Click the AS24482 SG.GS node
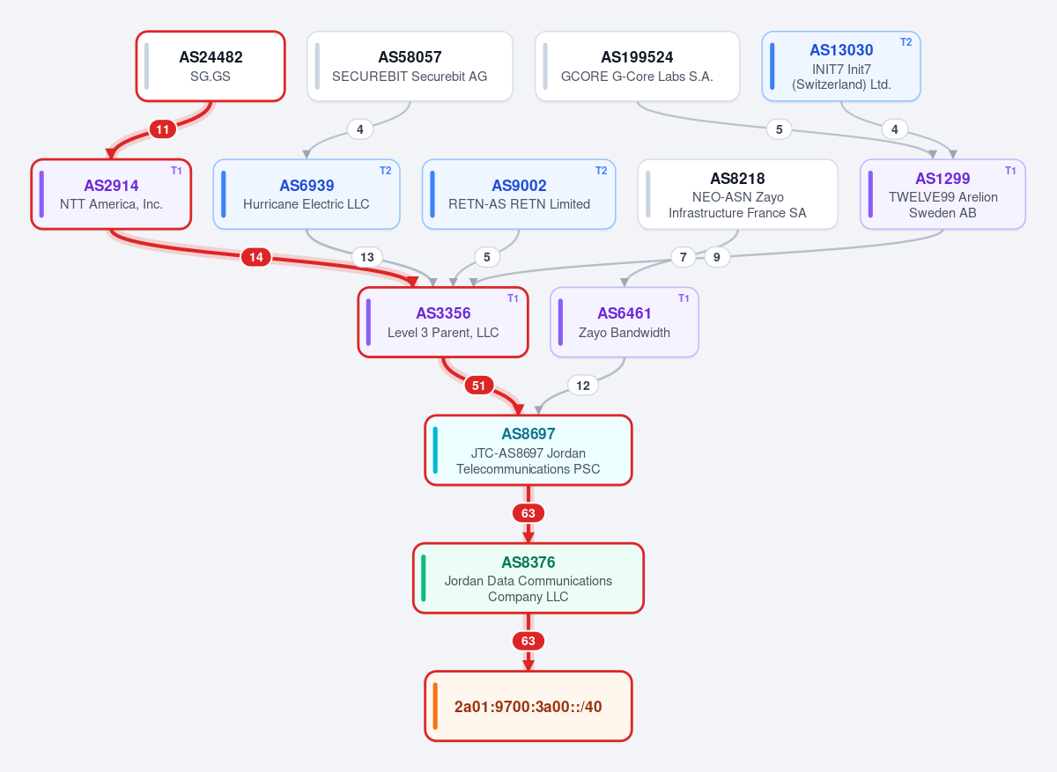coord(211,66)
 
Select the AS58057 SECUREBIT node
coord(410,66)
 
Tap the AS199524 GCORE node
coord(637,66)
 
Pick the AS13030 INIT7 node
coord(841,66)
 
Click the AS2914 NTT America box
coord(111,195)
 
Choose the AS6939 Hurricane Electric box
coord(307,195)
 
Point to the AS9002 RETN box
coord(519,195)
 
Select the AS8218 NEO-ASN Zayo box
coord(737,195)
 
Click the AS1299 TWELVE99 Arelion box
coord(942,195)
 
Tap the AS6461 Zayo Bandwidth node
coord(625,322)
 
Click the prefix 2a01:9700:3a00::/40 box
coord(528,706)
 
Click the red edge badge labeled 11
coord(163,129)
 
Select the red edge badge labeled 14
coord(255,257)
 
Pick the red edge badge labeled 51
coord(479,386)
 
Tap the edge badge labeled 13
coord(367,257)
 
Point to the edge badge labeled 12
coord(583,386)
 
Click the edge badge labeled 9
coord(717,257)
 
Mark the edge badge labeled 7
coord(684,257)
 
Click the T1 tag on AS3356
coord(513,298)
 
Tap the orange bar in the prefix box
coord(435,706)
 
